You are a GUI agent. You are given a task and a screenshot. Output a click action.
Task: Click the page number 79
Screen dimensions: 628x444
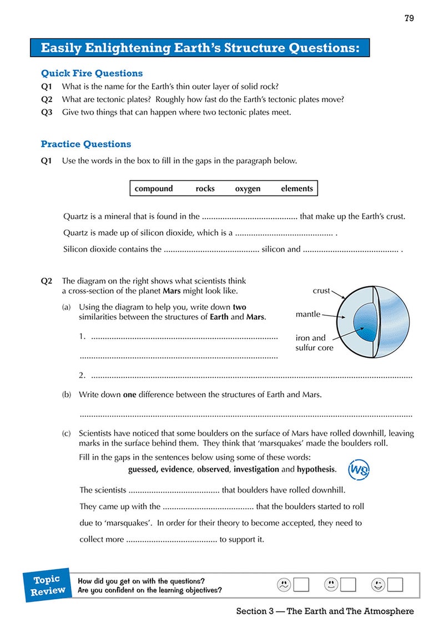point(409,18)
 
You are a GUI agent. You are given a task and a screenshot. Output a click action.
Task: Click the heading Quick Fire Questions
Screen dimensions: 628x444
point(92,73)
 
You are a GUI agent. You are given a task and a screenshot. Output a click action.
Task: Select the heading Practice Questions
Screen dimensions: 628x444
point(86,144)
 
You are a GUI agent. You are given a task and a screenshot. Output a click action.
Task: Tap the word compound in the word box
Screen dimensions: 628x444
point(154,189)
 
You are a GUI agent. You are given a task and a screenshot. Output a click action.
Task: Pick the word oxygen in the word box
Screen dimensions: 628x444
point(248,189)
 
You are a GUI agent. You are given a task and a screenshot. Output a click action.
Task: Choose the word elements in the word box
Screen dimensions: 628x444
point(297,189)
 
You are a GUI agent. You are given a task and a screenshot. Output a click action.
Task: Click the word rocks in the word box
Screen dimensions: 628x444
point(205,189)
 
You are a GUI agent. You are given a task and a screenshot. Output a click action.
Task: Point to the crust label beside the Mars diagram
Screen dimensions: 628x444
point(321,291)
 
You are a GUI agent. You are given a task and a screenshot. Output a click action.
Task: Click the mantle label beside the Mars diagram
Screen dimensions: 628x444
point(308,315)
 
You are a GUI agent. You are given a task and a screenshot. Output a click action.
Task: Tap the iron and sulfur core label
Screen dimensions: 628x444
point(314,343)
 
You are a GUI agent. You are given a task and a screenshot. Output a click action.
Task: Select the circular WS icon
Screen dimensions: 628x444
point(358,470)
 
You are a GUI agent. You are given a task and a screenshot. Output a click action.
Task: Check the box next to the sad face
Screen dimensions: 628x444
point(301,584)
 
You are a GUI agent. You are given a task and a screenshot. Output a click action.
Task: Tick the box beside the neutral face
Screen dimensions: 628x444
point(348,584)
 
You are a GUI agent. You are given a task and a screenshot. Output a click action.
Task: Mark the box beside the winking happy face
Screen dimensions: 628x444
point(395,584)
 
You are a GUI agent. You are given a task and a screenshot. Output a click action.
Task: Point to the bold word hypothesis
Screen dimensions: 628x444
point(316,469)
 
